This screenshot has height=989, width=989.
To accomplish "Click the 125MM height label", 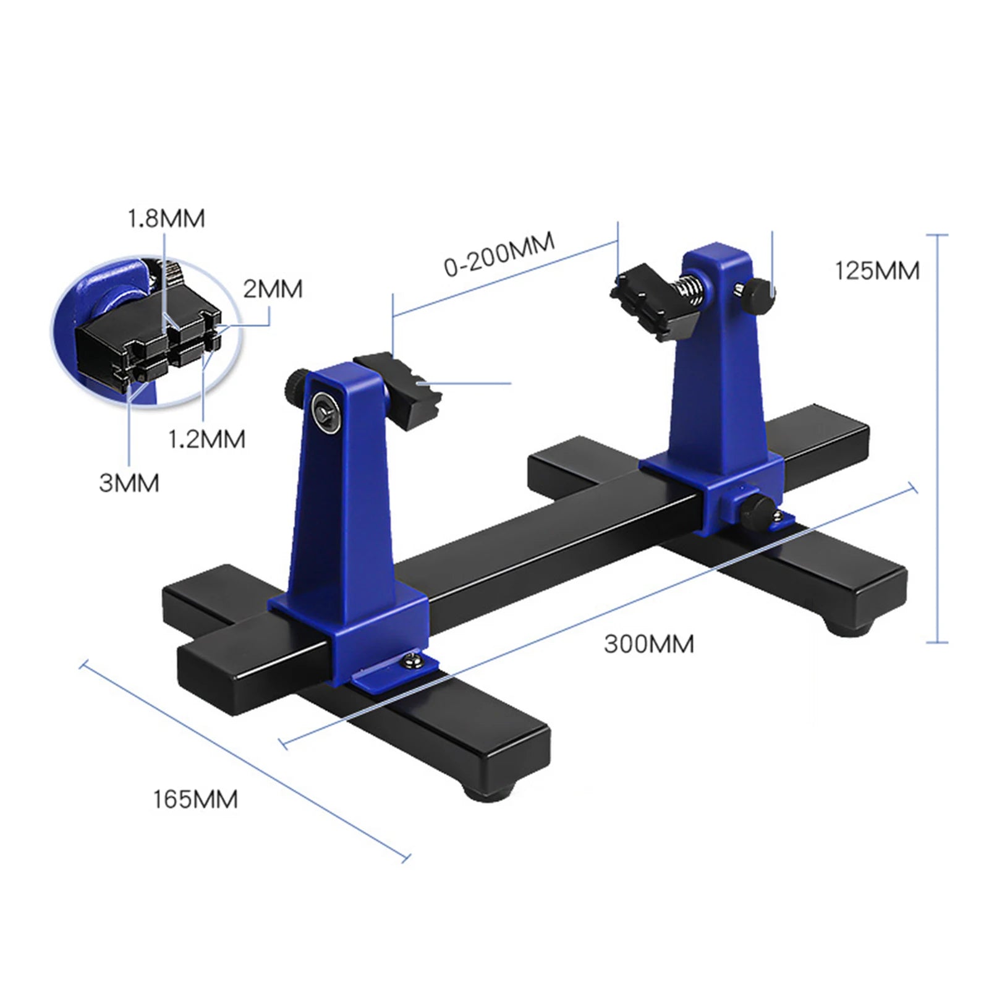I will (877, 271).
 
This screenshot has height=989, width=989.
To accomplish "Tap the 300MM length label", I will (648, 644).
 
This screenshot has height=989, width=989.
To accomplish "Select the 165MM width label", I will (195, 799).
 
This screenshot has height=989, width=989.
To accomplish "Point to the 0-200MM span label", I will (499, 254).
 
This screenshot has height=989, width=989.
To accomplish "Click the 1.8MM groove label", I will (166, 219).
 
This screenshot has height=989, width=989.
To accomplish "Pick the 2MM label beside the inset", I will (273, 289).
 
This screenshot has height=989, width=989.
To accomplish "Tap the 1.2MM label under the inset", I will (206, 439).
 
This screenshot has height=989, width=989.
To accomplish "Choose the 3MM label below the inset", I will (129, 483).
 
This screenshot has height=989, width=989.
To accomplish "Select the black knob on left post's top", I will (296, 385).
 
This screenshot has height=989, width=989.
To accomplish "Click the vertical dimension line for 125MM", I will (937, 439).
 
